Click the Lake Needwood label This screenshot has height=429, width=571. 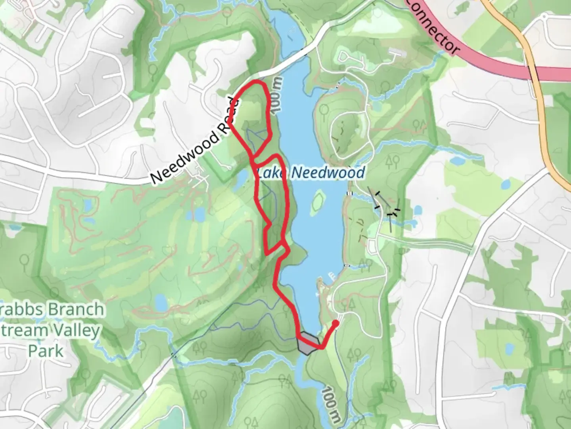coord(310,173)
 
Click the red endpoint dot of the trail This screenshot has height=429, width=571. coord(335,323)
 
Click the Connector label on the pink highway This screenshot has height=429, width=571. coord(433,27)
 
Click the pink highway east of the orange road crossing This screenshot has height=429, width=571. coord(555,74)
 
